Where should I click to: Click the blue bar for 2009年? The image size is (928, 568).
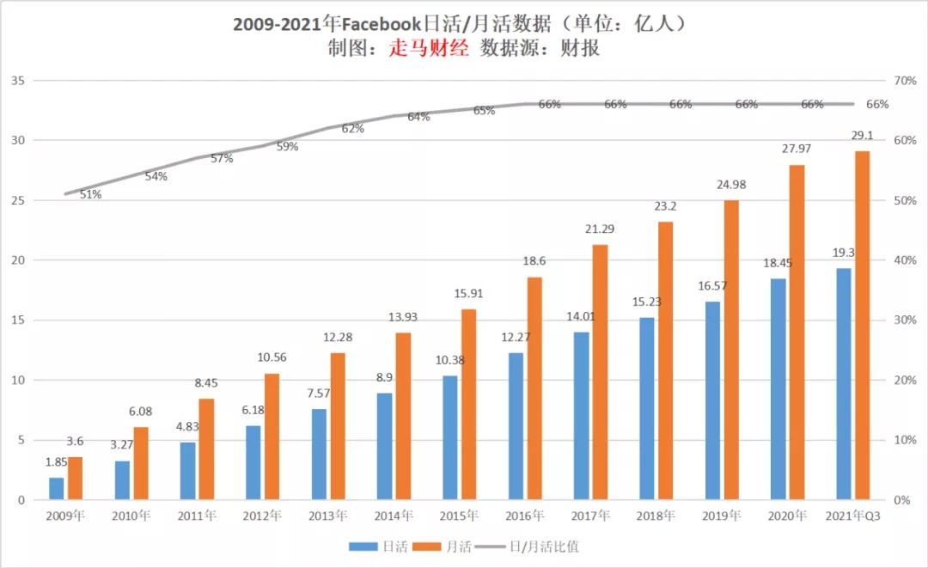coord(56,489)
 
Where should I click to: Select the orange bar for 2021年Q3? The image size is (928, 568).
coord(863,326)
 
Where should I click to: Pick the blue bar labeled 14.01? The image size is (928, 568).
coord(581,416)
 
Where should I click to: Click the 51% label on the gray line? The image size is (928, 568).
coord(90,194)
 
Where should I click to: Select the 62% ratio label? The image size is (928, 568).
coord(353,129)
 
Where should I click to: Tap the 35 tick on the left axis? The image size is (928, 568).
coord(16,81)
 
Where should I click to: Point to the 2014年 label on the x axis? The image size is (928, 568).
coord(393,516)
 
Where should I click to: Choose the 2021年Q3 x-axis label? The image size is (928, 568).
coord(852,516)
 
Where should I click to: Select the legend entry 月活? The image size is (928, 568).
coord(446,546)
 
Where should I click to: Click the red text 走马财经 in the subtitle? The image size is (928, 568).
coord(429,48)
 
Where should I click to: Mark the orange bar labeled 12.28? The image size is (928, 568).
coord(338,426)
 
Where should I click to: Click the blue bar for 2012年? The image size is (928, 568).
coord(253,462)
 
